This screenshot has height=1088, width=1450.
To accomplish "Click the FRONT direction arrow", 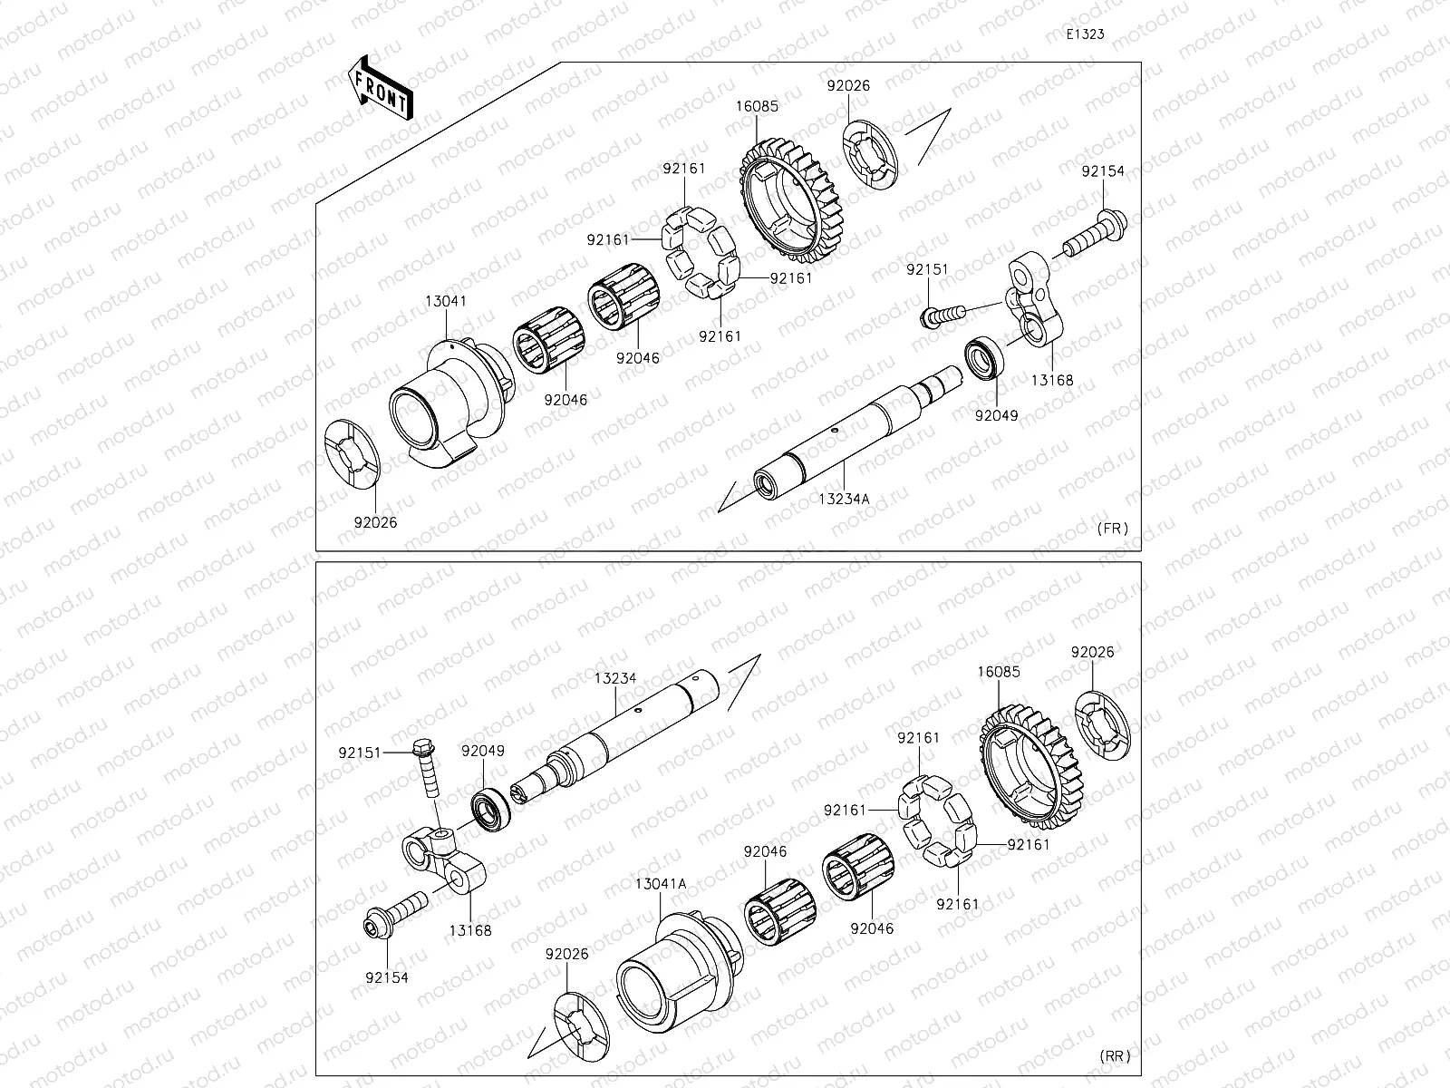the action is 381,88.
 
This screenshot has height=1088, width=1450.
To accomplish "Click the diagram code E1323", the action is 1085,34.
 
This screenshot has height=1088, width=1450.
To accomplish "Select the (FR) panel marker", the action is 1113,529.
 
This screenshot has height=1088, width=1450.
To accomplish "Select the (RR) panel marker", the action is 1115,1056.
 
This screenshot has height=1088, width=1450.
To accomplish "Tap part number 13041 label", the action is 445,301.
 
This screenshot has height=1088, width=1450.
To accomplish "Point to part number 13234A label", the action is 844,500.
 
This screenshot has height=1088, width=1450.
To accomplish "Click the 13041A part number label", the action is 661,884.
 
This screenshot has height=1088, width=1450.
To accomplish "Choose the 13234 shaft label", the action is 615,678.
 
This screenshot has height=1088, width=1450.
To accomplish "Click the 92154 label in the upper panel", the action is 1103,171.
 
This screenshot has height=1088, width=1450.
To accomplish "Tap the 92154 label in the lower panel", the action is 387,977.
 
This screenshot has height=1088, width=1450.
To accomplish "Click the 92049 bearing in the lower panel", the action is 491,810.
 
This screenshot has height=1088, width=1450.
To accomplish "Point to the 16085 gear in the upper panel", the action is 790,199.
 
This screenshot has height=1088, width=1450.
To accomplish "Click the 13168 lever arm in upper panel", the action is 1035,298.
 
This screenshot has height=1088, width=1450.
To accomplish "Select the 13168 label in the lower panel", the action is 470,931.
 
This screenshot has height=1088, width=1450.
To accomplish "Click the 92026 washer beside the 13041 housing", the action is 353,454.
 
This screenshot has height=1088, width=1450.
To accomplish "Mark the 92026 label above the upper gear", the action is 848,86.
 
